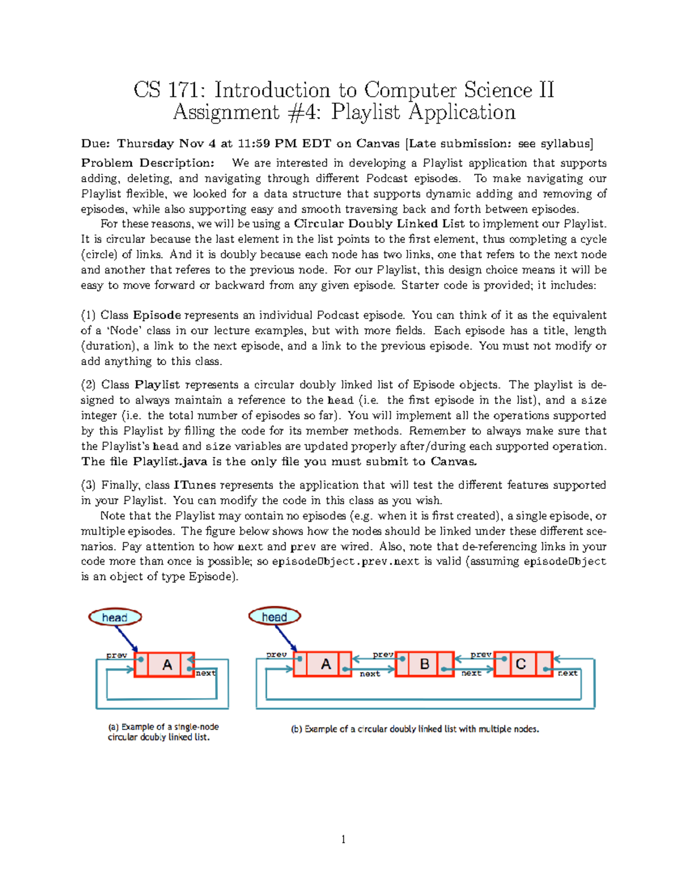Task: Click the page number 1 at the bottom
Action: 343,840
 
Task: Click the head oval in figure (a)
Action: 115,617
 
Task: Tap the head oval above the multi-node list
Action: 275,617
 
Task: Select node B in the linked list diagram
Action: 425,664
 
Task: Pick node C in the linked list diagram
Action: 521,664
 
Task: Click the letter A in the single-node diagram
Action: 167,665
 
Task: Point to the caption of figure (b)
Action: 415,729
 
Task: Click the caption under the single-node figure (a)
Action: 163,732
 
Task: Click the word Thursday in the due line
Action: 145,143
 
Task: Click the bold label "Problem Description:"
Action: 148,163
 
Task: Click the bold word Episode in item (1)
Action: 157,315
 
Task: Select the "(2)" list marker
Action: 88,385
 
